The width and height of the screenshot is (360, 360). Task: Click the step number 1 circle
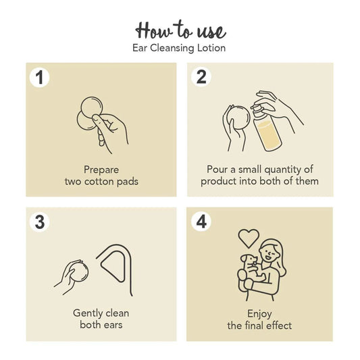[39, 78]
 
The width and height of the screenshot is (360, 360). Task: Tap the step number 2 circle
[201, 77]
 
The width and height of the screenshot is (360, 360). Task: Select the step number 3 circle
[39, 222]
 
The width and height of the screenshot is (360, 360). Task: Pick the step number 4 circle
[201, 222]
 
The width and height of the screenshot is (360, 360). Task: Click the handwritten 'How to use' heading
[181, 30]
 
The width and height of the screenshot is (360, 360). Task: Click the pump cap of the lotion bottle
[256, 109]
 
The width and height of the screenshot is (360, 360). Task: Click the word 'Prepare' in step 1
[101, 170]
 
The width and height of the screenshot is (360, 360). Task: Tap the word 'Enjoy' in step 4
[259, 314]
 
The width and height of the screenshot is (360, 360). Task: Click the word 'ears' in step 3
[112, 325]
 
